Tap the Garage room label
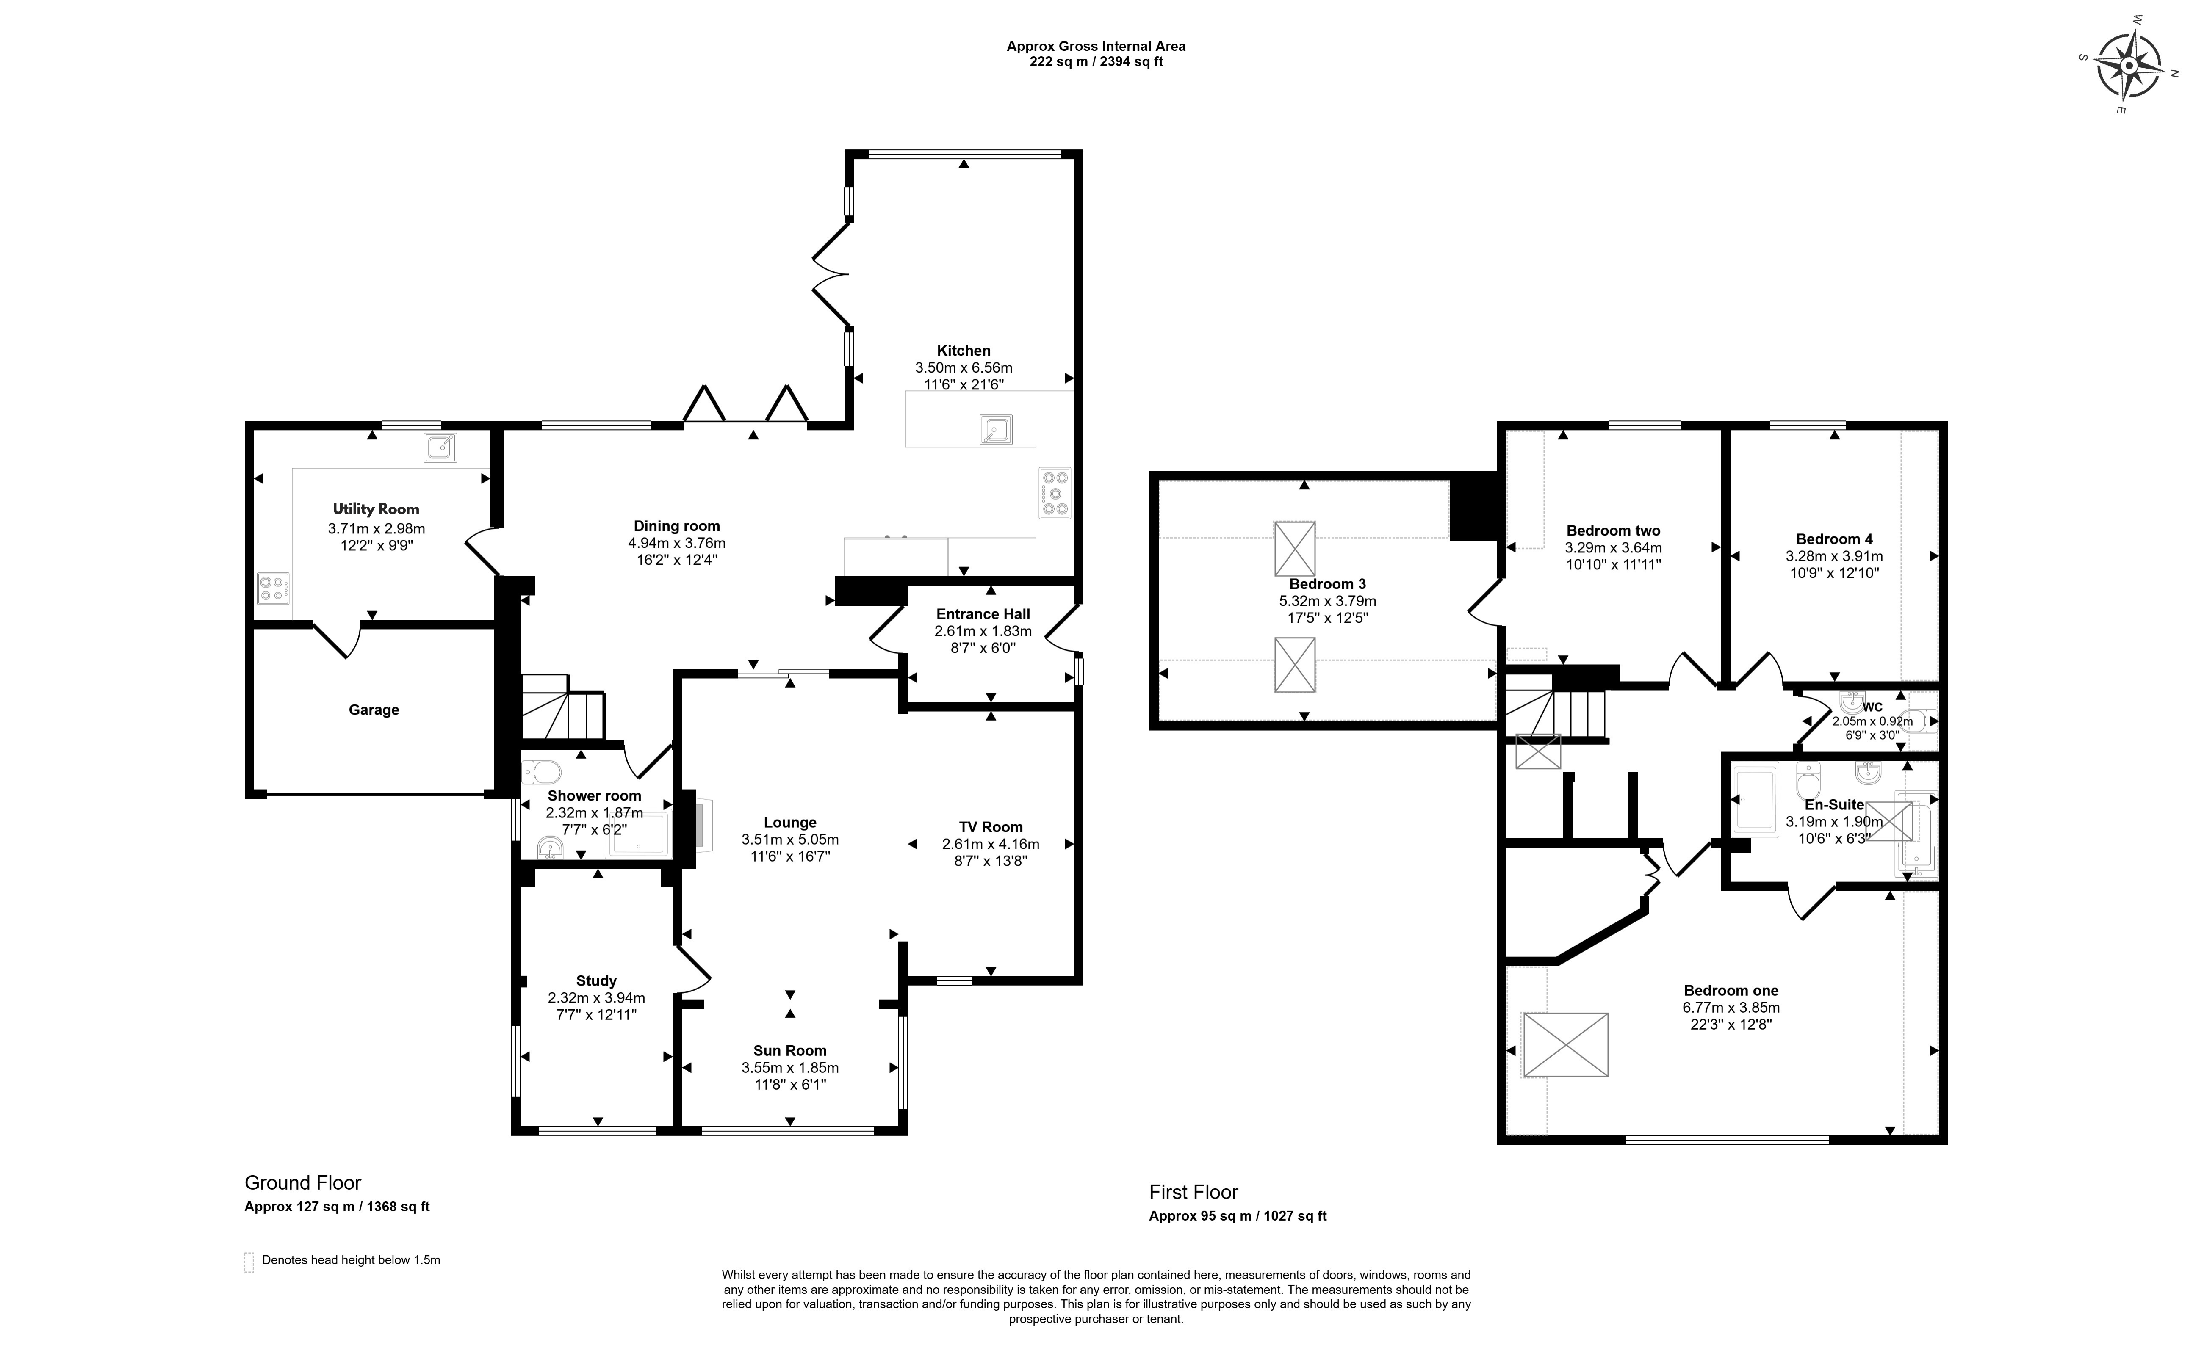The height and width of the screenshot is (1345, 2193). tap(374, 710)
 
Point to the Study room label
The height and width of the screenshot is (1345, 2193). tap(596, 981)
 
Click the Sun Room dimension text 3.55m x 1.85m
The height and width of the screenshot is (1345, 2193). tap(790, 1067)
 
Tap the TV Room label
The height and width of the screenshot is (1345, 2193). tap(991, 827)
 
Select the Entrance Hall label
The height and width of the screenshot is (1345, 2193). tap(983, 614)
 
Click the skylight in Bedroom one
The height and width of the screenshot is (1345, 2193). tap(1565, 1044)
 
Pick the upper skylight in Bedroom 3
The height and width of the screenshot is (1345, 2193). tap(1295, 549)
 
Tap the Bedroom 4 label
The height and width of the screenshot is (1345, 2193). tap(1834, 539)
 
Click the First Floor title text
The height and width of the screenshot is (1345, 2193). tap(1193, 1192)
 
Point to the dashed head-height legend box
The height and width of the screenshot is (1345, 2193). tap(249, 1262)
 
